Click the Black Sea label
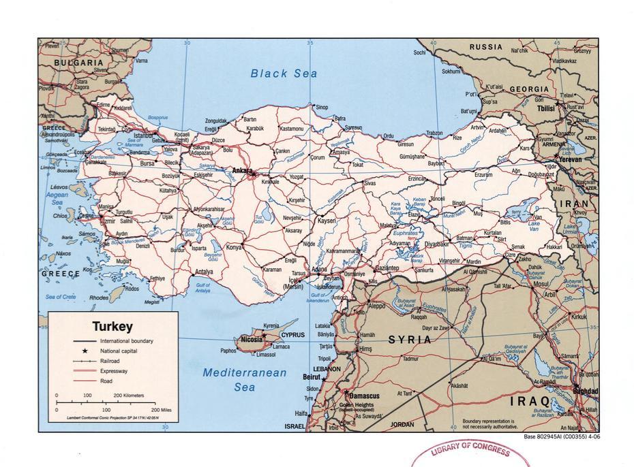(x=284, y=74)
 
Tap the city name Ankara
(x=241, y=170)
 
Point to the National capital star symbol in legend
(x=85, y=350)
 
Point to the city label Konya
(x=234, y=247)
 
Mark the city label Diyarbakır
(x=436, y=243)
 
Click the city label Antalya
(x=204, y=272)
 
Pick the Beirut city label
(x=312, y=376)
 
